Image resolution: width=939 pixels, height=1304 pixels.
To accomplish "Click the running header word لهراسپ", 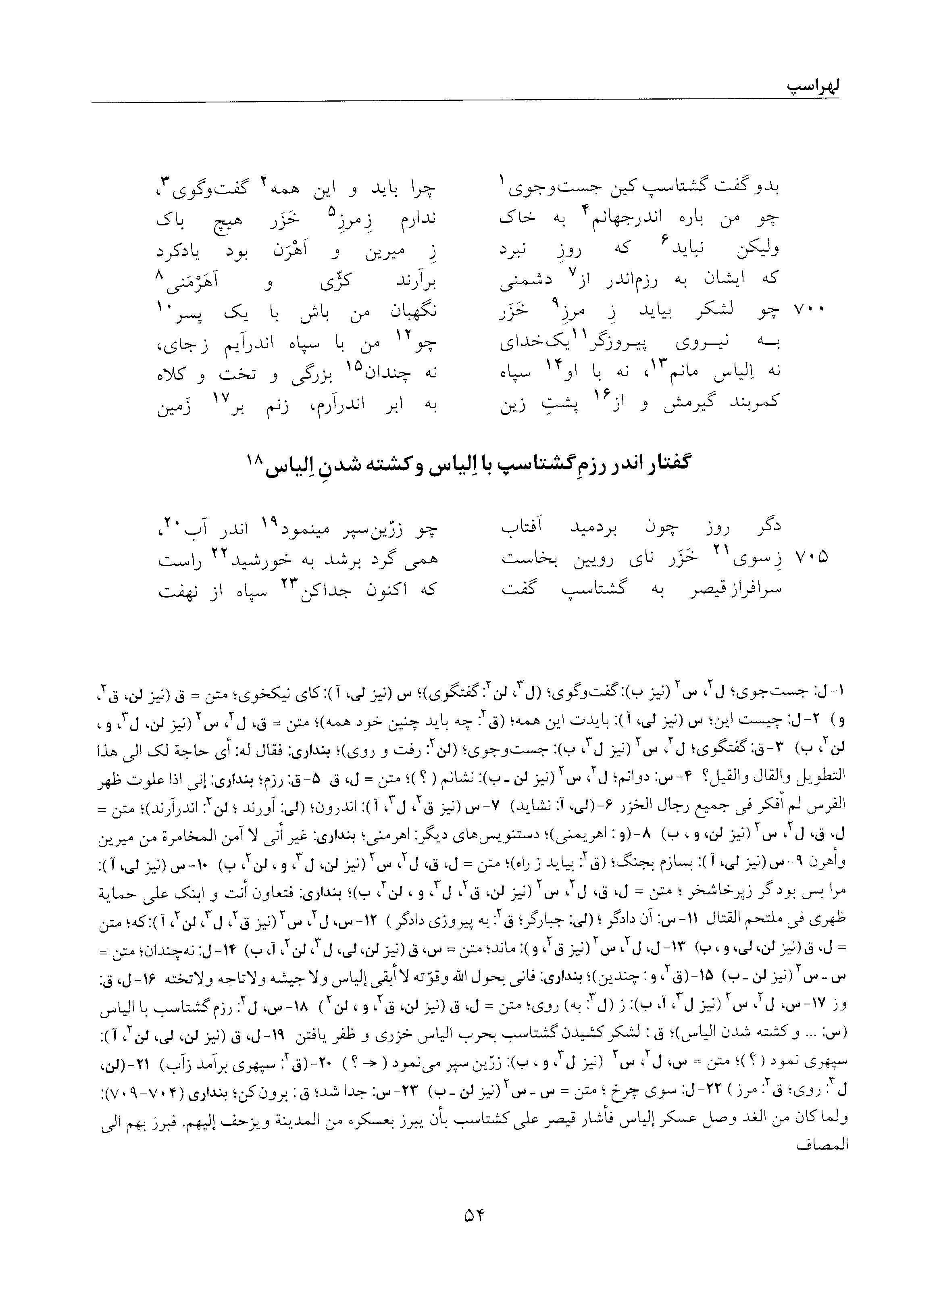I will tap(805, 89).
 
